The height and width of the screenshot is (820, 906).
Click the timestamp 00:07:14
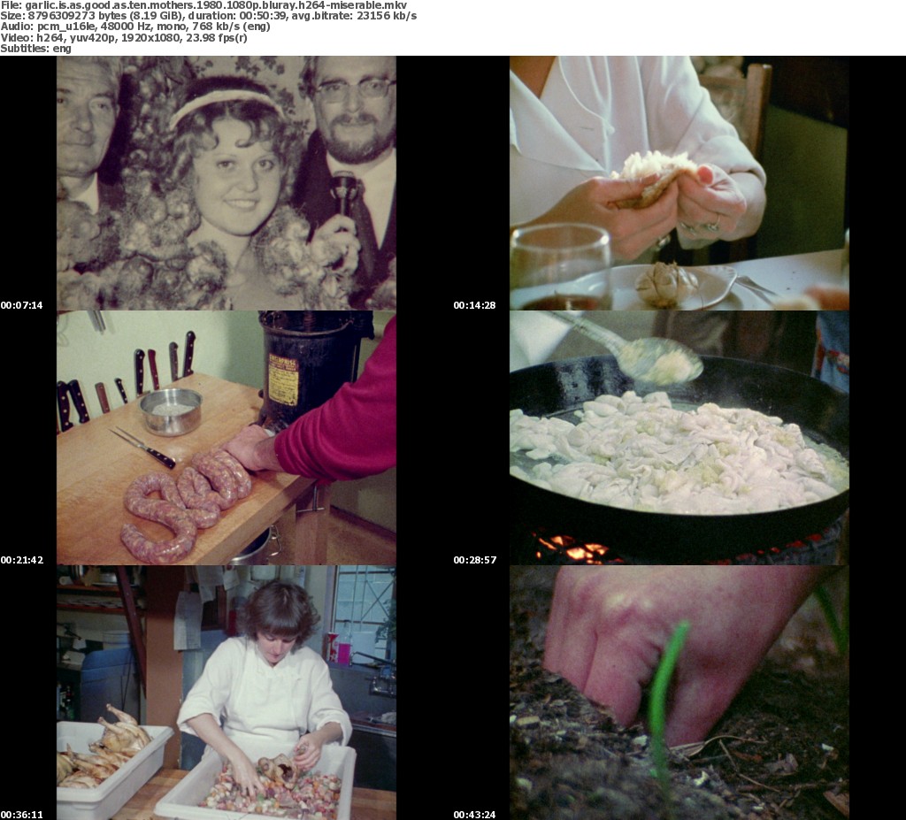pos(22,305)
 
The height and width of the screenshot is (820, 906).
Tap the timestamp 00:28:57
pos(475,560)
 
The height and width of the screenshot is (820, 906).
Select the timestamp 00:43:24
pos(475,815)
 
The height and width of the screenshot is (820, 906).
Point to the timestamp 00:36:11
pos(22,815)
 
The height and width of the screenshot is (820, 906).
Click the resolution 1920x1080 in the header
pos(147,37)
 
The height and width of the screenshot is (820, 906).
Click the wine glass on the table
pos(559,267)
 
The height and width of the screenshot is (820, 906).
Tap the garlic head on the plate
pos(664,284)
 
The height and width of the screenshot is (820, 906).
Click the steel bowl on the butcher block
pos(171,410)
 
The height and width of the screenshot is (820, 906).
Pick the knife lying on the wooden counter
pos(142,448)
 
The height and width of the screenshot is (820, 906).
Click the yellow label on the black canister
pos(283,379)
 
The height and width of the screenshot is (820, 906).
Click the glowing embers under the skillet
pos(573,548)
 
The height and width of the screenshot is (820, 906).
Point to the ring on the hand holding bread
pos(714,223)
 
